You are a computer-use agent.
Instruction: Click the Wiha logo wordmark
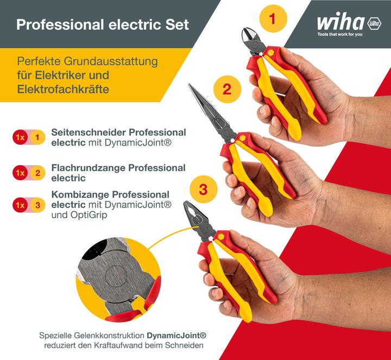[340, 23]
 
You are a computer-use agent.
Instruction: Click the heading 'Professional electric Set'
[103, 24]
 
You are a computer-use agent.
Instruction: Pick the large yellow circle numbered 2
[227, 89]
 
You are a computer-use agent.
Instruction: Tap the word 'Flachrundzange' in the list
[88, 168]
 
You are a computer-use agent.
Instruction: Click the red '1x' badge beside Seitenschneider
[20, 137]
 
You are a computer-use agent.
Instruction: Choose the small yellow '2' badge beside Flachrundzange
[37, 173]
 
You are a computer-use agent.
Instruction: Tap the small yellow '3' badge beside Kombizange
[37, 205]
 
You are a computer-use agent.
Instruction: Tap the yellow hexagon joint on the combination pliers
[221, 237]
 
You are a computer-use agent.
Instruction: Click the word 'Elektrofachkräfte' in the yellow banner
[63, 88]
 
